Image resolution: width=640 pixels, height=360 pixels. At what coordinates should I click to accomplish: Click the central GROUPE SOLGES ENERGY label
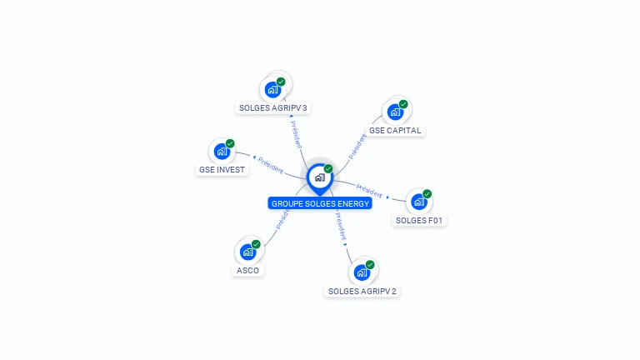point(320,203)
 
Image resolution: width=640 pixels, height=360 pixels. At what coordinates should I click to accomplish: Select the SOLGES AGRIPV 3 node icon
point(272,89)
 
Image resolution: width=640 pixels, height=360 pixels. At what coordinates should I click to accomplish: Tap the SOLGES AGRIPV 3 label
point(273,108)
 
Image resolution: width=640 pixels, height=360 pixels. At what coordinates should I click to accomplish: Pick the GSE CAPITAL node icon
point(395,112)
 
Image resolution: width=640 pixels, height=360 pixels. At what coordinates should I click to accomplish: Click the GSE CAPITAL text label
point(396,131)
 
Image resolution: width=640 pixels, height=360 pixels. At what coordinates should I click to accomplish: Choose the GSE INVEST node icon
point(222,151)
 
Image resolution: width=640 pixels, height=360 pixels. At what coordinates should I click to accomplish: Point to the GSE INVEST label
point(222,170)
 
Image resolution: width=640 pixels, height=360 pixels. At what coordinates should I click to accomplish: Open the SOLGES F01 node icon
point(419,202)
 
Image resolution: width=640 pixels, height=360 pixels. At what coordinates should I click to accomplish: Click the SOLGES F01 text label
point(420,221)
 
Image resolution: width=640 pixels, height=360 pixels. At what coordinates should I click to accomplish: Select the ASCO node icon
point(247,252)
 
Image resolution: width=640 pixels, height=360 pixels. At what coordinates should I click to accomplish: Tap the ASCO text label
point(247,271)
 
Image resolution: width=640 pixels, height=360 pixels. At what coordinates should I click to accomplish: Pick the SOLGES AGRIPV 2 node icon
point(362,272)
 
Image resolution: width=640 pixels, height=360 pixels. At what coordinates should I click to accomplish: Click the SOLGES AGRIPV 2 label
point(362,292)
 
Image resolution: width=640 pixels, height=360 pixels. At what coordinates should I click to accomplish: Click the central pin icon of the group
point(319,177)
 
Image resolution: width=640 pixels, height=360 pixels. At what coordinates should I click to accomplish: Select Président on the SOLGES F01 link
point(369,189)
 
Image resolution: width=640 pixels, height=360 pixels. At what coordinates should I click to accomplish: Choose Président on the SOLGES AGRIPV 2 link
point(340,226)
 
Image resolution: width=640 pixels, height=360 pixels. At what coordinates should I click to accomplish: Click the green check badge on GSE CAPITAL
point(403,104)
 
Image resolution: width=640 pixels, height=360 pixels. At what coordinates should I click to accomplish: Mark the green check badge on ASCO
point(256,244)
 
